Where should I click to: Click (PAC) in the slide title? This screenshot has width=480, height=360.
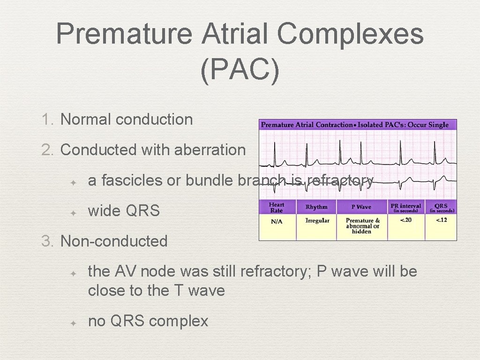click(x=240, y=70)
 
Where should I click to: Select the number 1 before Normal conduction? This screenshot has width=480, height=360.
click(x=47, y=120)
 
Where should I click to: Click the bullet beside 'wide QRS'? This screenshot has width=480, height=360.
click(x=73, y=212)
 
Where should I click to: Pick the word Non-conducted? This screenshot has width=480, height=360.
click(x=114, y=241)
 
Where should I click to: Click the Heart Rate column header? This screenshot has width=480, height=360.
click(x=277, y=207)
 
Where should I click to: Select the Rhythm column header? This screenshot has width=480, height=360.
click(x=317, y=207)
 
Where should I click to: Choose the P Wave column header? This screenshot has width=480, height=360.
click(x=361, y=207)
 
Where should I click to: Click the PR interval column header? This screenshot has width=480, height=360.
click(x=406, y=207)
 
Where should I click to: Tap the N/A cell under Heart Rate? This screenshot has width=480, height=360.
click(x=277, y=221)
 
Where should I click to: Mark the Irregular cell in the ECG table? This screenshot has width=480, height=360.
click(x=317, y=221)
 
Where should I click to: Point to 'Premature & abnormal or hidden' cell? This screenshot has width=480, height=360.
click(x=362, y=226)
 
